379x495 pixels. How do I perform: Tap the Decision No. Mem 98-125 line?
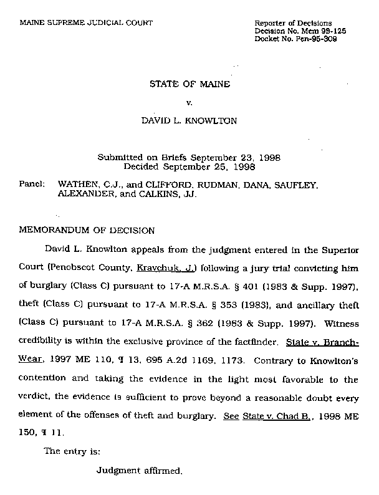tap(300, 31)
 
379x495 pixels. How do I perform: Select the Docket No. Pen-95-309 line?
tap(296, 39)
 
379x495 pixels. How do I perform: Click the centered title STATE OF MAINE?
tap(189, 84)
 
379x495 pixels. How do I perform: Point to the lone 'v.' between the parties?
tap(189, 102)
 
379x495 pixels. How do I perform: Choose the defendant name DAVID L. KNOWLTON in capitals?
tap(189, 121)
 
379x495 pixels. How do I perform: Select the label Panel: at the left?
tap(33, 185)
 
